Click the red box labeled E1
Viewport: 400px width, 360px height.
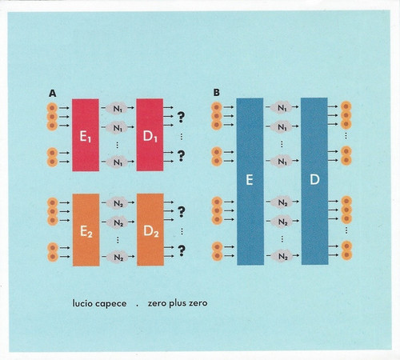coord(86,135)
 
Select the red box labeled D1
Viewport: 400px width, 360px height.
coord(150,134)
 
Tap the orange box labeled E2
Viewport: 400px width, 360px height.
coord(86,230)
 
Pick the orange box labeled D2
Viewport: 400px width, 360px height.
coord(150,230)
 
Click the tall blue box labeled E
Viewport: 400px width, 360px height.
coord(250,182)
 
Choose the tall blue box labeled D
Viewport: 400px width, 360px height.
coord(314,181)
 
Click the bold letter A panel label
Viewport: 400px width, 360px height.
coord(53,94)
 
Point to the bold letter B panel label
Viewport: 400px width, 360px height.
coord(217,93)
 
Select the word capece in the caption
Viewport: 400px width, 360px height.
coord(111,304)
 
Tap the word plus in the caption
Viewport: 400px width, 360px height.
coord(178,304)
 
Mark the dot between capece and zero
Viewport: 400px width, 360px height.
coord(138,306)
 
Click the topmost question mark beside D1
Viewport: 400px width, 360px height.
coord(181,117)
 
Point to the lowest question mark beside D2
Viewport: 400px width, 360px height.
coord(182,250)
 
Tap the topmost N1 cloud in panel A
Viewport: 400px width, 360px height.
coord(117,109)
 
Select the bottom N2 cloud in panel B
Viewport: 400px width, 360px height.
coord(282,256)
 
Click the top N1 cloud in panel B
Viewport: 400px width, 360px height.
coord(282,107)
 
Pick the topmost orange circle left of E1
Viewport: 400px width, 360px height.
coord(52,108)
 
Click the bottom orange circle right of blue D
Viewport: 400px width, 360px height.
coord(346,255)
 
